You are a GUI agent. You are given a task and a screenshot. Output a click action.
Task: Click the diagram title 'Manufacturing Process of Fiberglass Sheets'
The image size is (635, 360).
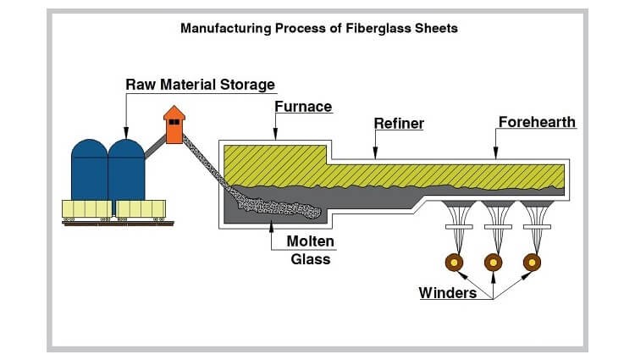[319, 28]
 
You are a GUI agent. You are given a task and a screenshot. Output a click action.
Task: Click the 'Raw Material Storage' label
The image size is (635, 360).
[200, 85]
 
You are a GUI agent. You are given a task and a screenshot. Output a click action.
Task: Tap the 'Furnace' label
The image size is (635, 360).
[303, 107]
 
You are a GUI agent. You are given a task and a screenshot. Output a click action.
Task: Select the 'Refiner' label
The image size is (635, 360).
[399, 124]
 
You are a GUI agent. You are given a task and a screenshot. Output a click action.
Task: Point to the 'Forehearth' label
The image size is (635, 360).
[537, 122]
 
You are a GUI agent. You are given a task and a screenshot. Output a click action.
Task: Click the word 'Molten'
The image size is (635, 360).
[311, 242]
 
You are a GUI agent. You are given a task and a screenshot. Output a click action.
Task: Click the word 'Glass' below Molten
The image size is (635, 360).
[311, 259]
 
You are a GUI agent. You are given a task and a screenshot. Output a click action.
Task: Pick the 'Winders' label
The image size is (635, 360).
[448, 293]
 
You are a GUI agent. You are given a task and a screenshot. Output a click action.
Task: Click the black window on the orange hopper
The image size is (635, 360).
[174, 122]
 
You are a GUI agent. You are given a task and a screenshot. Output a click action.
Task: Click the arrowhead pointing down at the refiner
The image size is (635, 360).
[374, 155]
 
